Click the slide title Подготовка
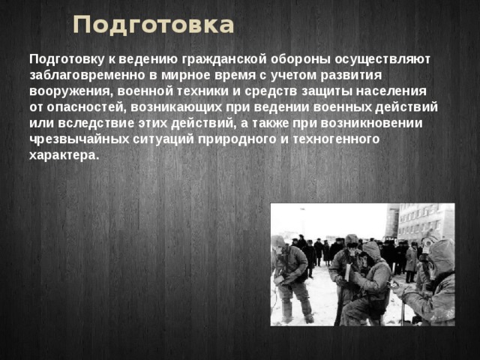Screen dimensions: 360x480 click(x=154, y=25)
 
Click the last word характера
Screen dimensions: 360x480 click(x=63, y=155)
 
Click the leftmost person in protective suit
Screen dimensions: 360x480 click(x=291, y=274)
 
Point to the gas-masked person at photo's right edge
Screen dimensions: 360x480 click(x=435, y=285)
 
